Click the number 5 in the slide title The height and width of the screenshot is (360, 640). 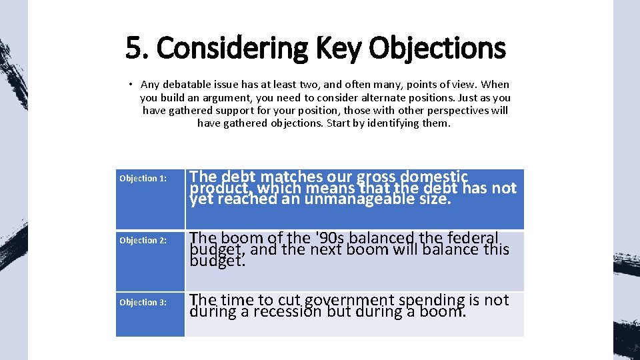coord(133,48)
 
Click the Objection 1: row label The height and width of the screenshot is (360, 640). coord(143,178)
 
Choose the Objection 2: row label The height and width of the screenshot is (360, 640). coord(143,240)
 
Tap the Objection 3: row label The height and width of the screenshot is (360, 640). coord(143,302)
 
